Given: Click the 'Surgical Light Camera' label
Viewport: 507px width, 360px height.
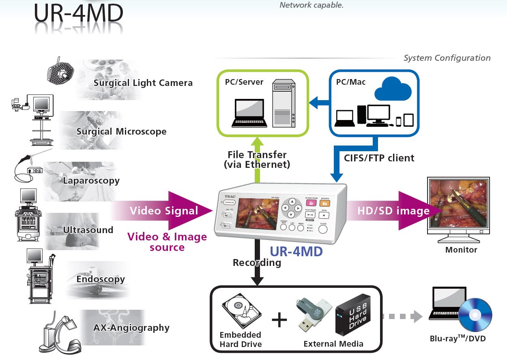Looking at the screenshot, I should [x=143, y=83].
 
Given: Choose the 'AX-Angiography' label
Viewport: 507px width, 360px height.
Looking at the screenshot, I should [x=131, y=328].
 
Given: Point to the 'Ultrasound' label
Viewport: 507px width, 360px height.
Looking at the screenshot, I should [x=88, y=230].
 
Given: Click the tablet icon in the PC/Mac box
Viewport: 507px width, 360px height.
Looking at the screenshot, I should [x=408, y=120].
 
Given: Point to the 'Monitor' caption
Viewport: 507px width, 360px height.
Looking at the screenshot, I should [x=461, y=250].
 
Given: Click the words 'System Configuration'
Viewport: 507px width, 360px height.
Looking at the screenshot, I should [x=447, y=58].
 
